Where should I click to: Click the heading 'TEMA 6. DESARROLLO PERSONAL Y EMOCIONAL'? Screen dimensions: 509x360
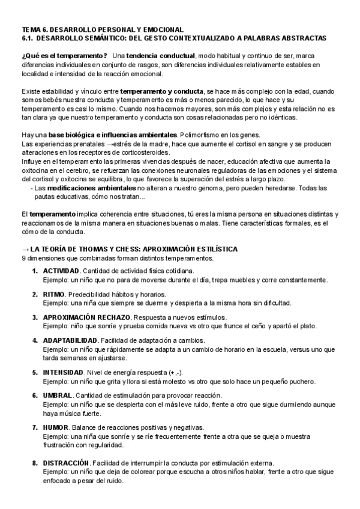click(102, 29)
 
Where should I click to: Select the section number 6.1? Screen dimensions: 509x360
click(29, 38)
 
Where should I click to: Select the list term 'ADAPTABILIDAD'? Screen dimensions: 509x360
click(69, 340)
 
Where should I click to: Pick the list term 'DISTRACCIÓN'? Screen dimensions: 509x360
click(65, 463)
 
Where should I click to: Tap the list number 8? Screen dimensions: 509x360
click(35, 463)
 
